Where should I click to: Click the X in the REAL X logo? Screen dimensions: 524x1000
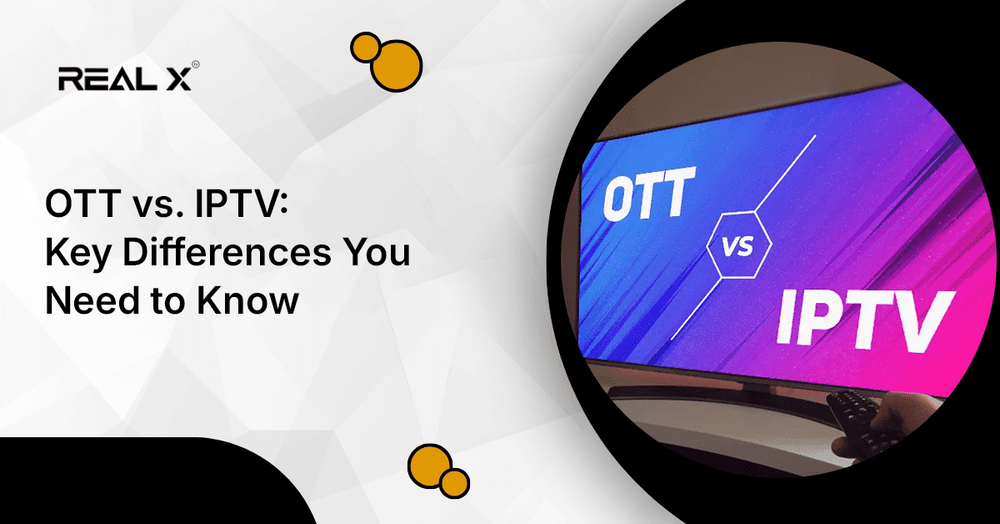pyautogui.click(x=178, y=78)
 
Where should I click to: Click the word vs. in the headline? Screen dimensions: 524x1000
pyautogui.click(x=151, y=206)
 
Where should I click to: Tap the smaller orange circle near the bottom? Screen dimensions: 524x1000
pyautogui.click(x=455, y=481)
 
